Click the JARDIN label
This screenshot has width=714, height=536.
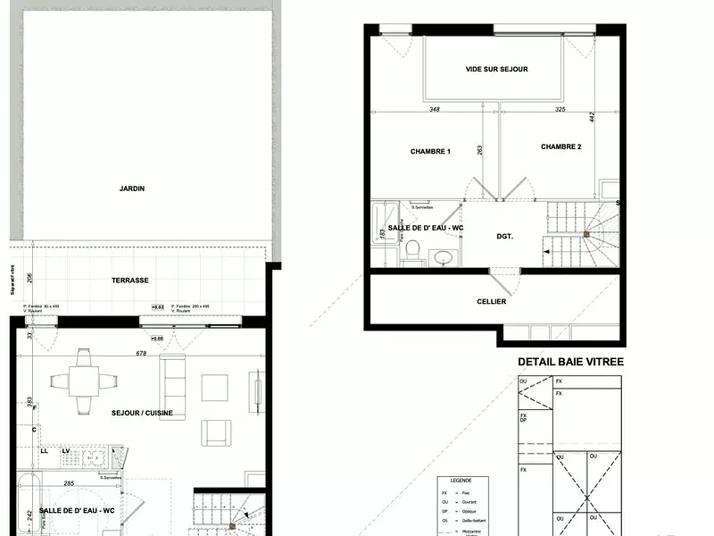point(132,188)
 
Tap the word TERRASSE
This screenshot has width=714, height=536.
point(130,280)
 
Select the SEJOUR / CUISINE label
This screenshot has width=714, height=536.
point(142,413)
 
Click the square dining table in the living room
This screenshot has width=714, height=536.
point(84,381)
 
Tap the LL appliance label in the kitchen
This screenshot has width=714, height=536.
point(44,451)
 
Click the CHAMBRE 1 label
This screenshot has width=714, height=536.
point(430,151)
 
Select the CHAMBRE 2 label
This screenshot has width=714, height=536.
point(561,147)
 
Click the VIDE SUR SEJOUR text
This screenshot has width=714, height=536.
point(497,69)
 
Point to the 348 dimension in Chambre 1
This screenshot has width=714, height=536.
point(435,110)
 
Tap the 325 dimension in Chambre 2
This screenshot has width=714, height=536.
point(560,110)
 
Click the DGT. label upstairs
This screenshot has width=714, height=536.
point(507,236)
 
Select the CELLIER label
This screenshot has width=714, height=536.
point(492,301)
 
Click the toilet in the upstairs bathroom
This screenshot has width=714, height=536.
point(412,255)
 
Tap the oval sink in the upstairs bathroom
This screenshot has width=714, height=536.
point(443,258)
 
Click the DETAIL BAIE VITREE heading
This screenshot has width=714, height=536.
point(571,362)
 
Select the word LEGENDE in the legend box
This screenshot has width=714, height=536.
point(461,479)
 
